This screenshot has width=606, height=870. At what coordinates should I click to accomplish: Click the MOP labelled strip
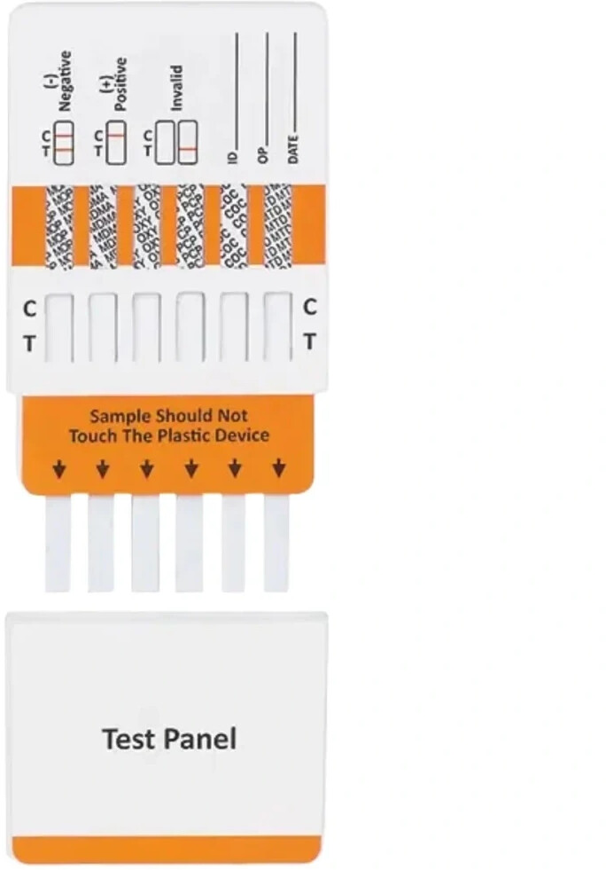point(58,225)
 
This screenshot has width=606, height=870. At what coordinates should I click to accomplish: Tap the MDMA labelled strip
point(103,225)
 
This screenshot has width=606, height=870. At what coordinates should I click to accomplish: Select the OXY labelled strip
point(146,225)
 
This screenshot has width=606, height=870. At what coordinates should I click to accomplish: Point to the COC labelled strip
point(234,225)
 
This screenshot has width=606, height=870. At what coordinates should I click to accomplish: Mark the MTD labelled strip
point(278,225)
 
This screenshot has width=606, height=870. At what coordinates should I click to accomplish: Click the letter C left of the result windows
point(29,310)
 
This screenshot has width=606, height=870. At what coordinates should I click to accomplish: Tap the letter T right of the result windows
point(309,341)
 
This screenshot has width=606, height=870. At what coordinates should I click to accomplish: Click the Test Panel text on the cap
point(169,738)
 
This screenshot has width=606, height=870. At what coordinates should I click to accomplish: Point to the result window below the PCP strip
point(190,326)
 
